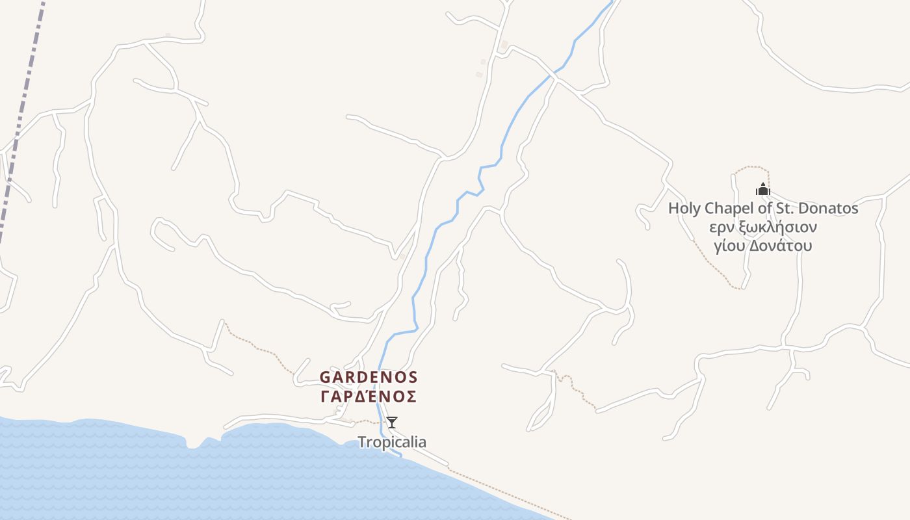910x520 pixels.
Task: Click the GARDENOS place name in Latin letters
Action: click(x=369, y=378)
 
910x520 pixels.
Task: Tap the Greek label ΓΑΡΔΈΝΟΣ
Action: click(x=369, y=396)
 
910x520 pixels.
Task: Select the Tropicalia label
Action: click(x=392, y=443)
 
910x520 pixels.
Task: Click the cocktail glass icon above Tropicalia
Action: click(x=392, y=422)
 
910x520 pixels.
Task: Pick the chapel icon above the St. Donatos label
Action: click(x=762, y=190)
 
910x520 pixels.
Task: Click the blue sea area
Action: click(x=195, y=481)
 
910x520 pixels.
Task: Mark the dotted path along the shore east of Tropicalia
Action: click(x=507, y=495)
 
